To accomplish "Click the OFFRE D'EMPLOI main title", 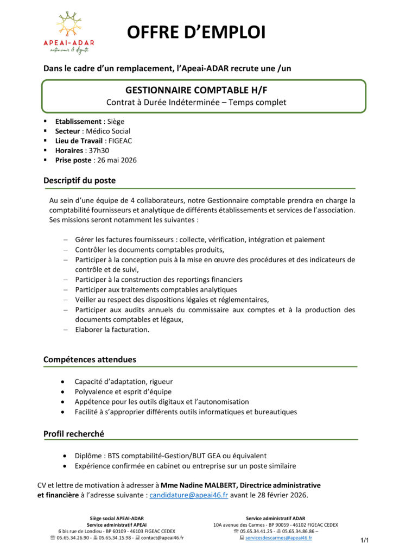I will coord(196,33).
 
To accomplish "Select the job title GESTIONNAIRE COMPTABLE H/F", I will coord(196,90).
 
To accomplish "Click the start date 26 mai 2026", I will coord(116,160).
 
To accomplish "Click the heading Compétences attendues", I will coord(90,359).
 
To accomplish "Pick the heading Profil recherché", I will coord(74,434).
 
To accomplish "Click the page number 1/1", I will coord(364,540).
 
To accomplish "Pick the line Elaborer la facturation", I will coord(112,330).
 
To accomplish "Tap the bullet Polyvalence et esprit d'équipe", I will coord(123,391).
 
